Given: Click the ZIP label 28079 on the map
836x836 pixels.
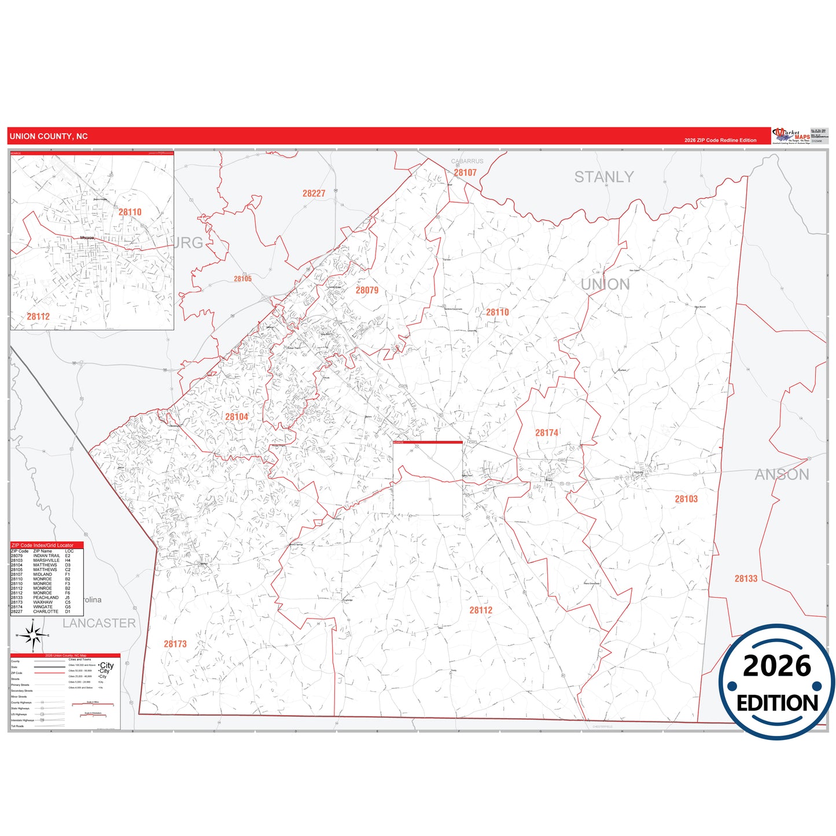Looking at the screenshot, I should pyautogui.click(x=367, y=290).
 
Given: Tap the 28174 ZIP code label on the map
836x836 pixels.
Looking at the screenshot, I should pyautogui.click(x=547, y=433).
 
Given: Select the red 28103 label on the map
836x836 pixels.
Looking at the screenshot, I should pyautogui.click(x=686, y=499).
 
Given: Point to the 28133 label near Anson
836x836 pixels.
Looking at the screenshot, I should pyautogui.click(x=746, y=579).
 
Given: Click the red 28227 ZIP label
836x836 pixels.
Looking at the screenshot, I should pyautogui.click(x=314, y=193).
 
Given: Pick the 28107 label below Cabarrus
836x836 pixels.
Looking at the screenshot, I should pyautogui.click(x=465, y=172).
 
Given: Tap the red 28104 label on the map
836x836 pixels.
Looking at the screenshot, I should pyautogui.click(x=237, y=417).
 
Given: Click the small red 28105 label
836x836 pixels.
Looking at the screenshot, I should pyautogui.click(x=242, y=279).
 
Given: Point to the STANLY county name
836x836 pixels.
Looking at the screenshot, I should pyautogui.click(x=603, y=177).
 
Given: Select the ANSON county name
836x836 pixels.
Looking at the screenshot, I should pyautogui.click(x=782, y=474).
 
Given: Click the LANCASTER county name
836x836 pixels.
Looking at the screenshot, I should pyautogui.click(x=99, y=623).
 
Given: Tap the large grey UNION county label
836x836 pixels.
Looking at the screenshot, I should pyautogui.click(x=605, y=284).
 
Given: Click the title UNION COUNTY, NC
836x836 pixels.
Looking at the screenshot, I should pyautogui.click(x=49, y=137).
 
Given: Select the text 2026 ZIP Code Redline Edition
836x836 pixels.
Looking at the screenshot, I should pyautogui.click(x=720, y=140).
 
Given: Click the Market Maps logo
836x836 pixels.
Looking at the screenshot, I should pyautogui.click(x=791, y=136).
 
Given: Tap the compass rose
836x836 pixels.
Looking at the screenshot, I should pyautogui.click(x=33, y=636).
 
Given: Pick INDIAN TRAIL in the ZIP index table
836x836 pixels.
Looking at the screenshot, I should pyautogui.click(x=46, y=556).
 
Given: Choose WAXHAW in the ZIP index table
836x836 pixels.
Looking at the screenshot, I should pyautogui.click(x=43, y=602).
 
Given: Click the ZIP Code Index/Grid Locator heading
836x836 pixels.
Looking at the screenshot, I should pyautogui.click(x=43, y=545).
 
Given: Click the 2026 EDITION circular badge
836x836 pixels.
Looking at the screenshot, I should pyautogui.click(x=777, y=682).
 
